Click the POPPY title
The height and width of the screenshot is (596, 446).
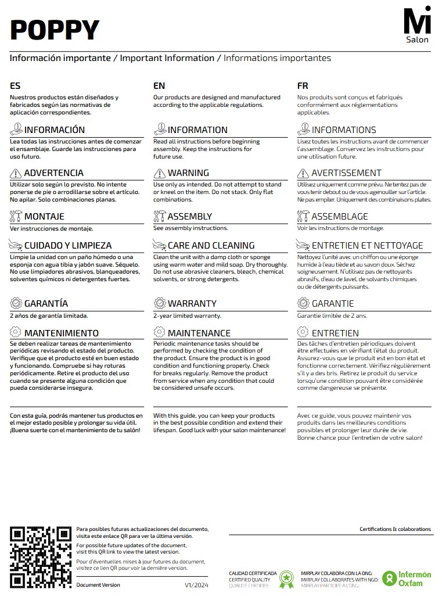point(55,30)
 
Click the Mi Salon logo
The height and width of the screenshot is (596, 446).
point(418,25)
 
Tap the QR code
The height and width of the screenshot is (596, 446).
point(41,556)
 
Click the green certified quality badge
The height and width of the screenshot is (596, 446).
point(286,579)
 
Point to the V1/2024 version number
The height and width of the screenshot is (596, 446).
point(196,584)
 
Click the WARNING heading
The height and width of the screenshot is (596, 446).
point(188,173)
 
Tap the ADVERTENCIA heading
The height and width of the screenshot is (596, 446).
point(53,173)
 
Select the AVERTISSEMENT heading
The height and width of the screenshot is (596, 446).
point(346,173)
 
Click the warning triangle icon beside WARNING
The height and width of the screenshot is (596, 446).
point(159,173)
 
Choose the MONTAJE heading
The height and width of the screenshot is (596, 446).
point(44,217)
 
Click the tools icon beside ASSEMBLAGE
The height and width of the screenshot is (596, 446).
point(303,217)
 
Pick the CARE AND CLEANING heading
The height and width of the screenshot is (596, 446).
point(211,246)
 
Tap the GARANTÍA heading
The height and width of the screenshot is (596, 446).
point(46,304)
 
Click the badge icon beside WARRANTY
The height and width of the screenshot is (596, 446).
point(159,303)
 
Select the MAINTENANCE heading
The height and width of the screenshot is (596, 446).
point(199,333)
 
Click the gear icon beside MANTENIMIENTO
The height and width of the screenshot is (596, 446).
point(16,333)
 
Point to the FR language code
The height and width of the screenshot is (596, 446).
point(303,86)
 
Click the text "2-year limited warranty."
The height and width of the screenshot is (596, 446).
point(187,316)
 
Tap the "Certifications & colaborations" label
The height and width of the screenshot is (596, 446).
point(395,529)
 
